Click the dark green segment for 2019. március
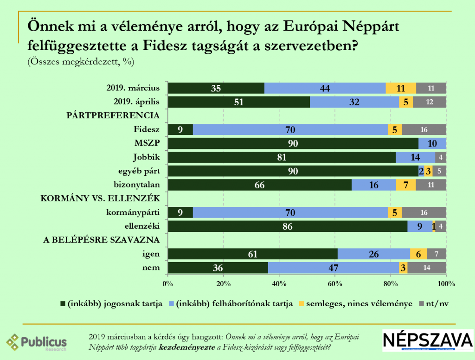(216, 88)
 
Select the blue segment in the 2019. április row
(354, 102)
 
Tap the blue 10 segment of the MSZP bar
(432, 143)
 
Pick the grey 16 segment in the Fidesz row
(424, 129)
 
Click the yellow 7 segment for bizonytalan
(406, 185)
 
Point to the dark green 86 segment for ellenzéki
(288, 226)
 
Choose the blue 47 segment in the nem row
(333, 268)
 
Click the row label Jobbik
(147, 157)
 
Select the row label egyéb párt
(140, 171)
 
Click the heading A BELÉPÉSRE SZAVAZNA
(102, 240)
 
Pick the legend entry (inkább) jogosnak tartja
(111, 303)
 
